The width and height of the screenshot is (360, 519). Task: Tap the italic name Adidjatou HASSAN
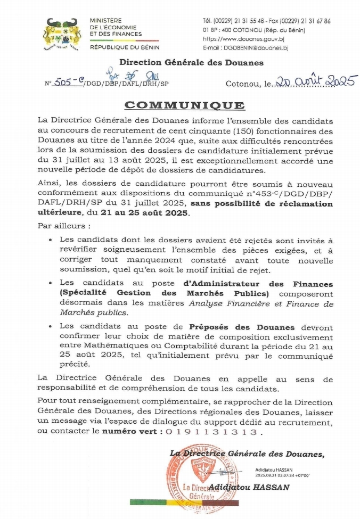(249, 487)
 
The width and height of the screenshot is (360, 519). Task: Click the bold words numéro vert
(129, 432)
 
